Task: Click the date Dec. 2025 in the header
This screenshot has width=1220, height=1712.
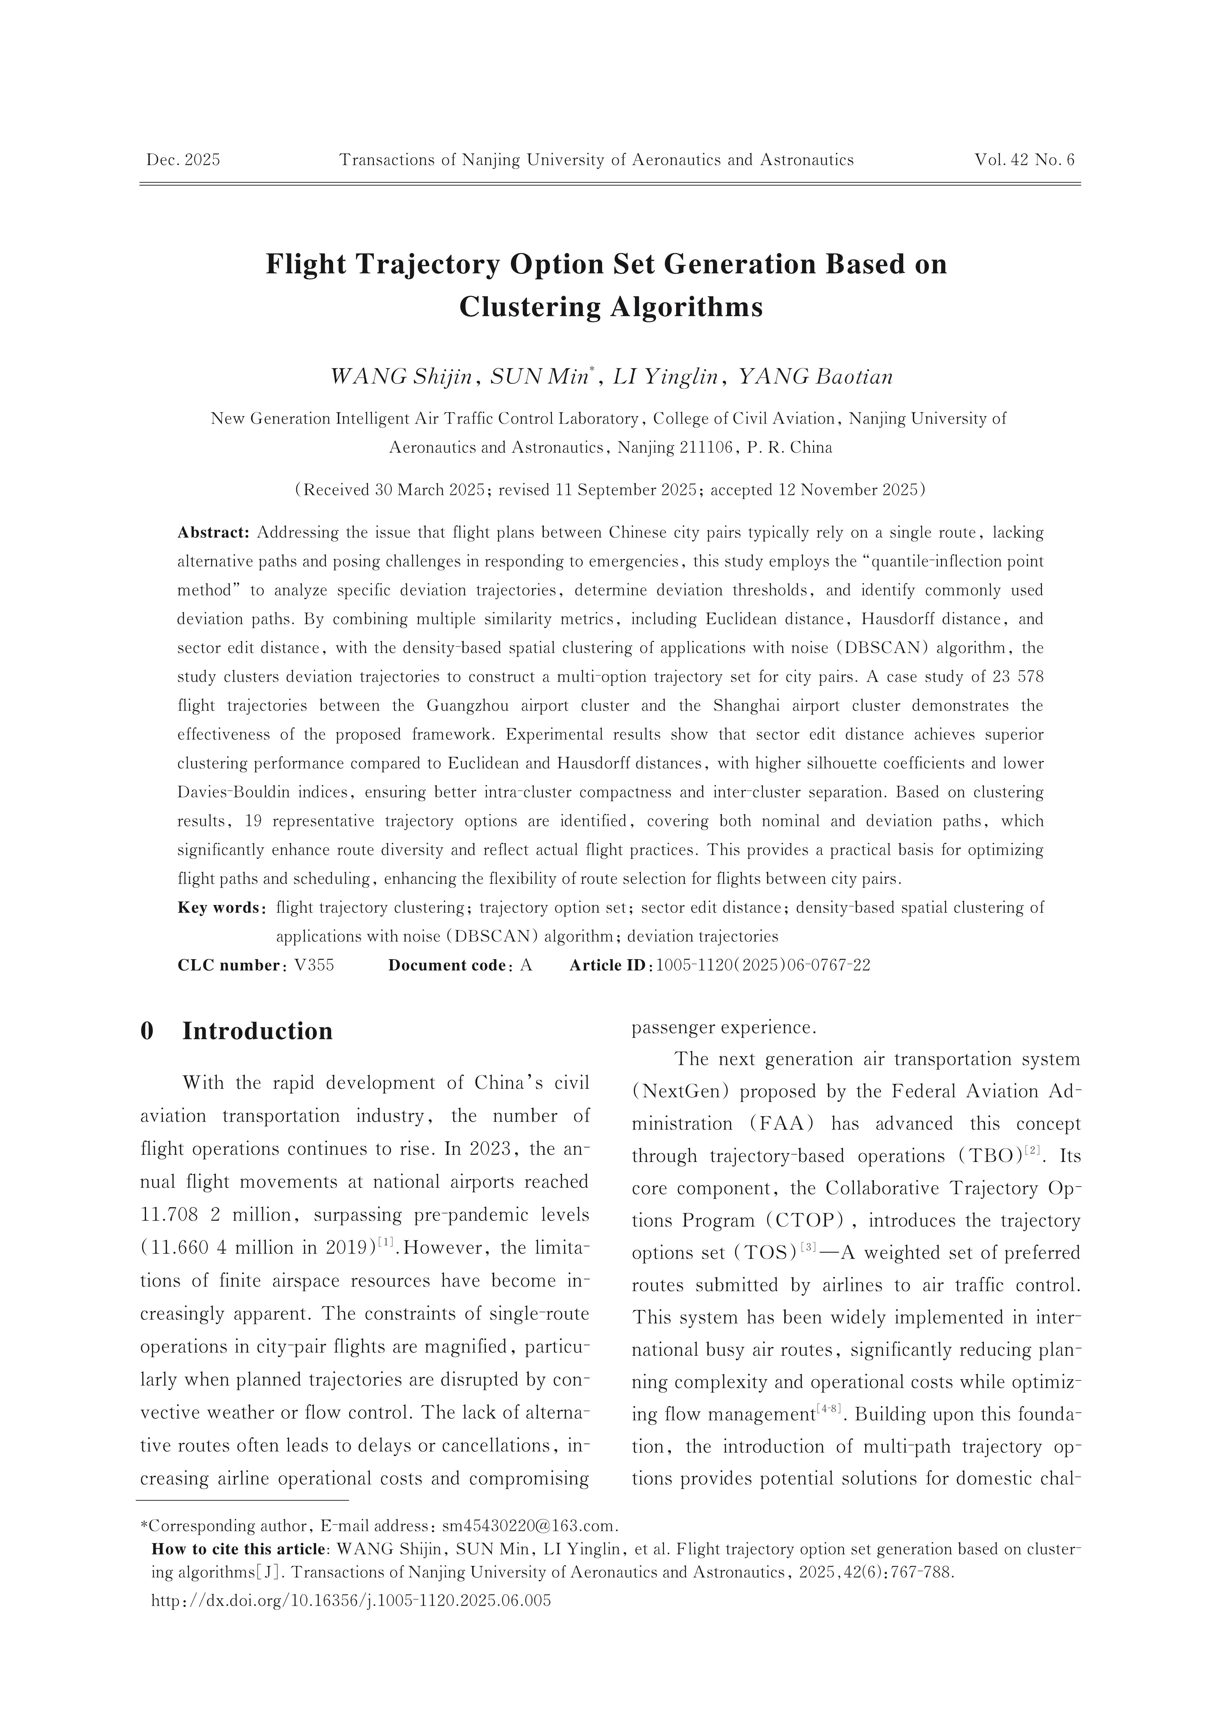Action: pyautogui.click(x=183, y=160)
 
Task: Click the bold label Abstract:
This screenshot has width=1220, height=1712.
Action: pyautogui.click(x=213, y=533)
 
